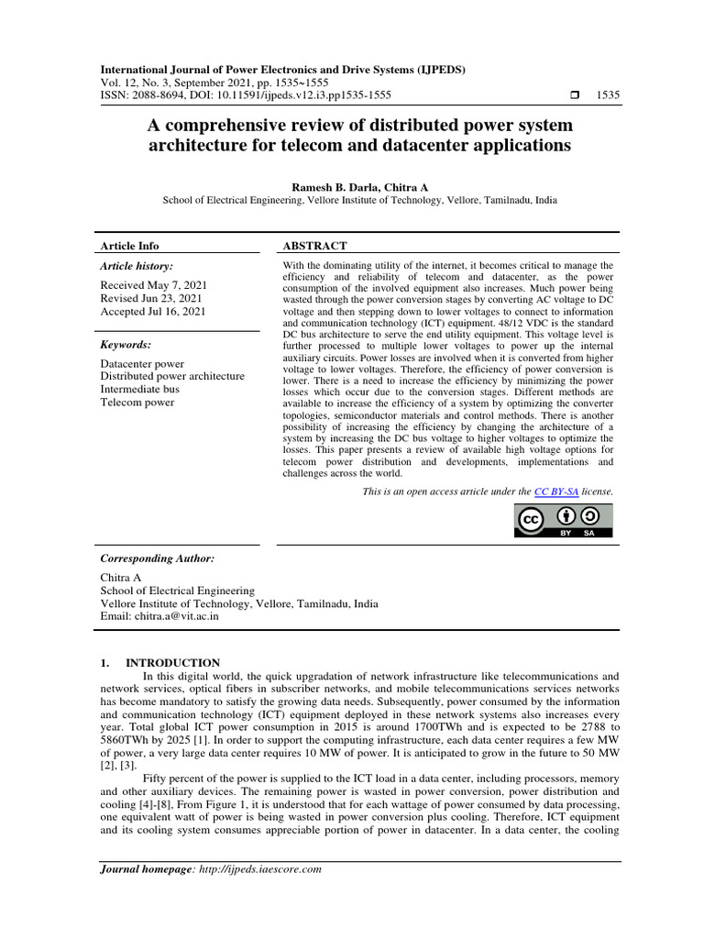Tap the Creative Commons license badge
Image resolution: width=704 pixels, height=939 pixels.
[563, 520]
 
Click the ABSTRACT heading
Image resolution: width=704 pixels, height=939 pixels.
[314, 246]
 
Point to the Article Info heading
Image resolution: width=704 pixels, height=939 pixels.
[129, 246]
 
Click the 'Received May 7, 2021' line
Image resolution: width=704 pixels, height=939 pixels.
[153, 285]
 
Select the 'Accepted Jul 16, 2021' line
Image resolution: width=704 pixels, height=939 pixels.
[153, 312]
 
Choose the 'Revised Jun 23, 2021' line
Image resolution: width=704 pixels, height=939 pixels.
[152, 299]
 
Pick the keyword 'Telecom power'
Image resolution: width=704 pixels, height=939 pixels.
[138, 402]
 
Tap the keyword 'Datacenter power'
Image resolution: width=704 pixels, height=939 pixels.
[142, 364]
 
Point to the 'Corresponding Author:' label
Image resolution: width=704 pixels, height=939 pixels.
[157, 558]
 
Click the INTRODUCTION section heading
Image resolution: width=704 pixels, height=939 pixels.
[172, 662]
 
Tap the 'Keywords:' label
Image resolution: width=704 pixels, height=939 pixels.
[126, 345]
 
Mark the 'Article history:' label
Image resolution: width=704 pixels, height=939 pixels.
[137, 266]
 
